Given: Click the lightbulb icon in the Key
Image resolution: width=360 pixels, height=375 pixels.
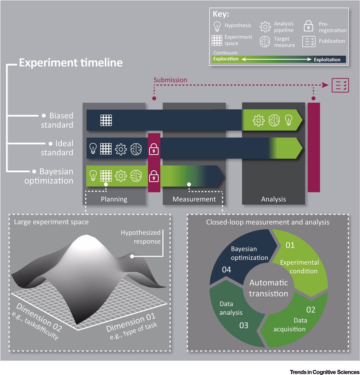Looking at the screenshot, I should click(217, 26).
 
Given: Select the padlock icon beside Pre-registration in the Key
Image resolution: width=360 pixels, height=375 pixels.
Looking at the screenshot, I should click(308, 26).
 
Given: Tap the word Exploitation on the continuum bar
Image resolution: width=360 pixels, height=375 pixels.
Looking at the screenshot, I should click(327, 60).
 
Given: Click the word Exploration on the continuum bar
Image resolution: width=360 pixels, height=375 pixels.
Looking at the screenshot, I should click(226, 59).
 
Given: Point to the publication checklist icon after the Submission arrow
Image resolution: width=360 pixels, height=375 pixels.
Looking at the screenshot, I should click(340, 85).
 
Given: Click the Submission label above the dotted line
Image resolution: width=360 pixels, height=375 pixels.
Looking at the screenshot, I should click(170, 80).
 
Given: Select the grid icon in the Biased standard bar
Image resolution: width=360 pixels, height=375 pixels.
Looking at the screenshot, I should click(106, 120).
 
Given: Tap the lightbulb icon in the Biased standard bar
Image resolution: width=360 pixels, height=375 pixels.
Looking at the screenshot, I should click(289, 120).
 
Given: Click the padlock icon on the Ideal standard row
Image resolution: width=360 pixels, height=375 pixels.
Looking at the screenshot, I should click(154, 149).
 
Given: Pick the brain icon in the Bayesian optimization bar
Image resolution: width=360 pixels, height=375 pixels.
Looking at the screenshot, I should click(136, 176).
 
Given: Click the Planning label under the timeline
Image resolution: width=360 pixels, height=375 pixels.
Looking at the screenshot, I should click(114, 199).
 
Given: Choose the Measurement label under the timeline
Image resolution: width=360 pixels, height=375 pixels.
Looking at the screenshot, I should click(194, 199).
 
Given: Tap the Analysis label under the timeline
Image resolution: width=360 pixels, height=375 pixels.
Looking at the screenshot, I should click(273, 199).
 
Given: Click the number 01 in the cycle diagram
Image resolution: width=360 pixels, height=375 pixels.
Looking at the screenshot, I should click(290, 245).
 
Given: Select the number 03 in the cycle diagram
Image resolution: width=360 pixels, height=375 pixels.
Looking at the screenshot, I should click(244, 325).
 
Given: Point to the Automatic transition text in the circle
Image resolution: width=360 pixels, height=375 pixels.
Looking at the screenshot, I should click(269, 288).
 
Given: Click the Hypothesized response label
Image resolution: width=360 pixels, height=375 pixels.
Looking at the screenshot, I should click(141, 237).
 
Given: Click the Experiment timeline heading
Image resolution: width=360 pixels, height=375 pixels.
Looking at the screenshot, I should click(71, 62).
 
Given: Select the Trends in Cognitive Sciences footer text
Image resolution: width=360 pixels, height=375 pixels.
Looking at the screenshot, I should click(324, 372).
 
